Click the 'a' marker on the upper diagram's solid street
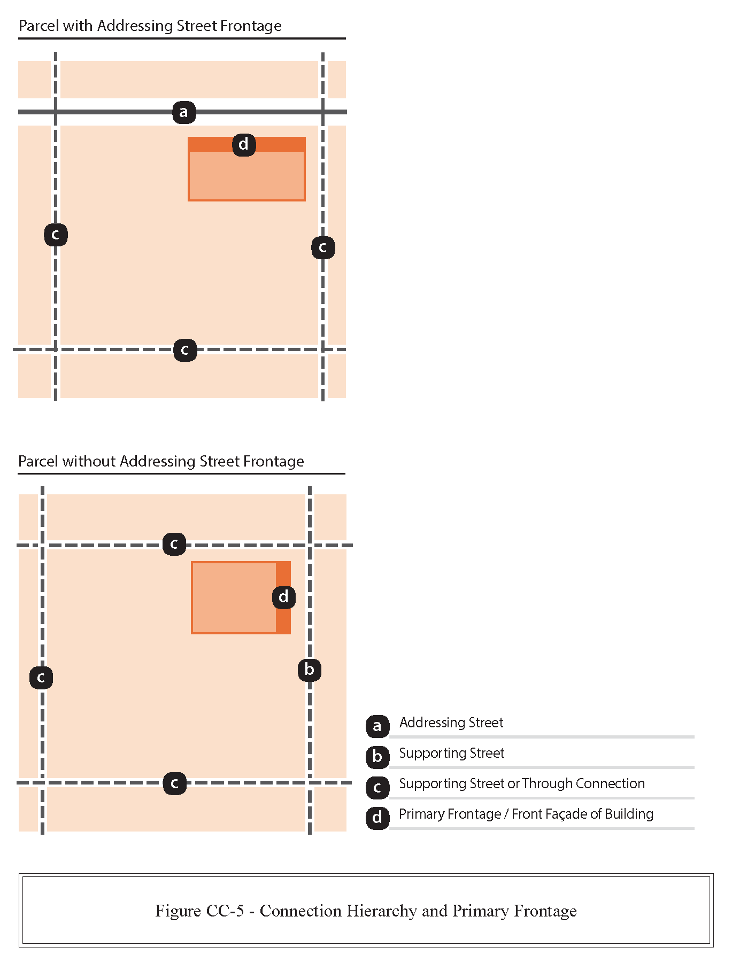[184, 112]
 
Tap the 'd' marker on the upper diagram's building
[244, 144]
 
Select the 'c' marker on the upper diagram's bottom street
[185, 350]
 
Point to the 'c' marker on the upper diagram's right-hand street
[323, 247]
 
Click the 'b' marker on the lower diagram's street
[310, 670]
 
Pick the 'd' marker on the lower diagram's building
[284, 597]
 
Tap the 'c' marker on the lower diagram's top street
[174, 544]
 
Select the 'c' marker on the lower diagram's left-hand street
[41, 678]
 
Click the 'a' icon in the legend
[377, 726]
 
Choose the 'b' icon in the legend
[377, 756]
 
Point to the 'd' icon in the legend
[377, 817]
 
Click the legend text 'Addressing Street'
[451, 723]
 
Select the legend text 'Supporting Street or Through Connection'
[522, 783]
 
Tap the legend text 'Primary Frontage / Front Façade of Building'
[526, 814]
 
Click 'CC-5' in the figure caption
[225, 911]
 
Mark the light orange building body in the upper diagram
[246, 176]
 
